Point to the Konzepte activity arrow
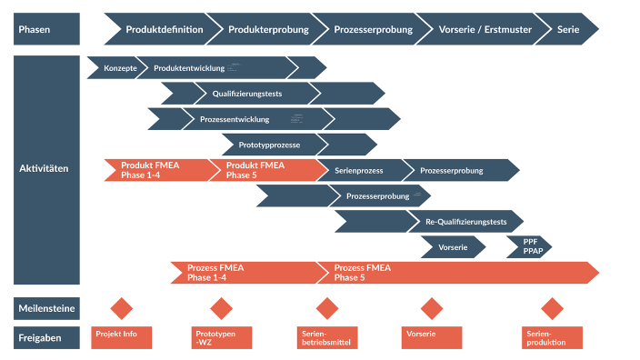119,68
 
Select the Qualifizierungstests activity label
248,94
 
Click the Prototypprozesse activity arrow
270,145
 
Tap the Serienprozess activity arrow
360,170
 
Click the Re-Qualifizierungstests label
465,221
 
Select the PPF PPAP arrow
530,246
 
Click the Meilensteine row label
46,308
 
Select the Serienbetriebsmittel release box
327,337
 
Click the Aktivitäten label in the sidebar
44,169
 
